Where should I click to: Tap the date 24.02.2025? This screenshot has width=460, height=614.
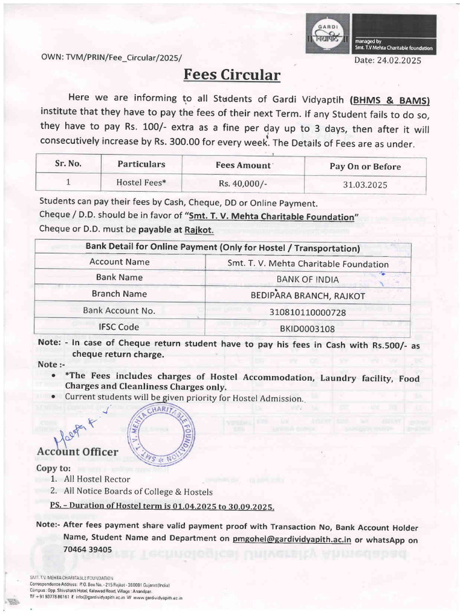pos(389,60)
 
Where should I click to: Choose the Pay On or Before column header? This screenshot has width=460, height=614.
pos(365,166)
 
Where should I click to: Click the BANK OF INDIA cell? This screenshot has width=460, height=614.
pos(308,279)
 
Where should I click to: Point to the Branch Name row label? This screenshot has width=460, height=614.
pos(119,294)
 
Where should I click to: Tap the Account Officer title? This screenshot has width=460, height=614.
pos(77,452)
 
